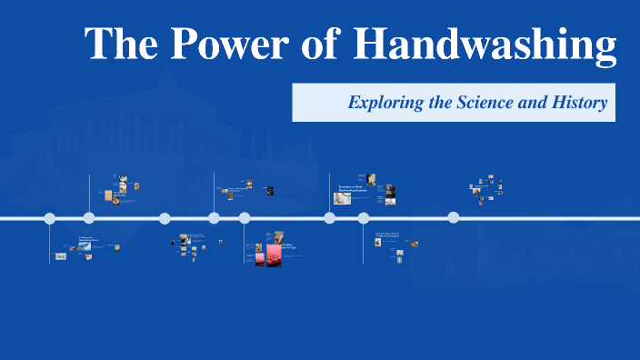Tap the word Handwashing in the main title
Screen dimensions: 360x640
pyautogui.click(x=485, y=45)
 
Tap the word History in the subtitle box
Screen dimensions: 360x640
pyautogui.click(x=580, y=103)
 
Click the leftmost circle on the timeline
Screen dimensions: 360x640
pyautogui.click(x=50, y=218)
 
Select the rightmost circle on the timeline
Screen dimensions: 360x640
pyautogui.click(x=453, y=217)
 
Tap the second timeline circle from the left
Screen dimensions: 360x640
pyautogui.click(x=89, y=217)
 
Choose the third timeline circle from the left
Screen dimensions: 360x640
pyautogui.click(x=165, y=218)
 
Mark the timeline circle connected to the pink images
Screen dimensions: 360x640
pyautogui.click(x=245, y=218)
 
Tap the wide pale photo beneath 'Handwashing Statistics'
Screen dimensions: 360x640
pyautogui.click(x=343, y=197)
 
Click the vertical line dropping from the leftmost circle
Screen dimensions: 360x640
pyautogui.click(x=50, y=242)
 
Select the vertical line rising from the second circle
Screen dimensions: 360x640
pyautogui.click(x=89, y=193)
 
